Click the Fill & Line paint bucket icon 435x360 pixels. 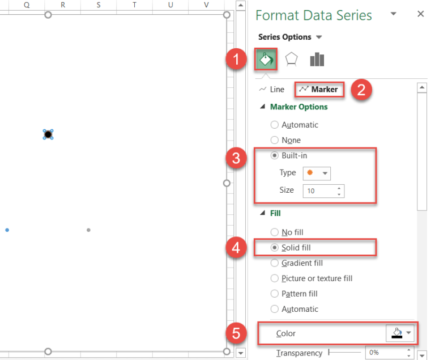coord(266,60)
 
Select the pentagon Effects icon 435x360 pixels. coord(291,60)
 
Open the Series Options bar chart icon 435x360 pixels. coord(317,60)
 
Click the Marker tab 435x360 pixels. coord(319,89)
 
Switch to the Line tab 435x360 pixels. coord(272,89)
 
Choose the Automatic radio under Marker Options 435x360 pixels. coord(275,125)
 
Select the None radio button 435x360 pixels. coord(275,140)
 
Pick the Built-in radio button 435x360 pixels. coord(275,155)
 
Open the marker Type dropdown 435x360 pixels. coord(318,173)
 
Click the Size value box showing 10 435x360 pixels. coord(319,191)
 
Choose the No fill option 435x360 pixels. coord(275,232)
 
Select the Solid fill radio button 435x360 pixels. coord(275,248)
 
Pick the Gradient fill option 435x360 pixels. coord(275,263)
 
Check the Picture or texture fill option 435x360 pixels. coord(275,278)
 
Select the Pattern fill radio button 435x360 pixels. coord(275,294)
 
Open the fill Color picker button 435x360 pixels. coord(401,334)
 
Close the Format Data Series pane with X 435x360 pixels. coord(420,14)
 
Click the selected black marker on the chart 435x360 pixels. coord(48,134)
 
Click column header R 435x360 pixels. coord(63,5)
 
